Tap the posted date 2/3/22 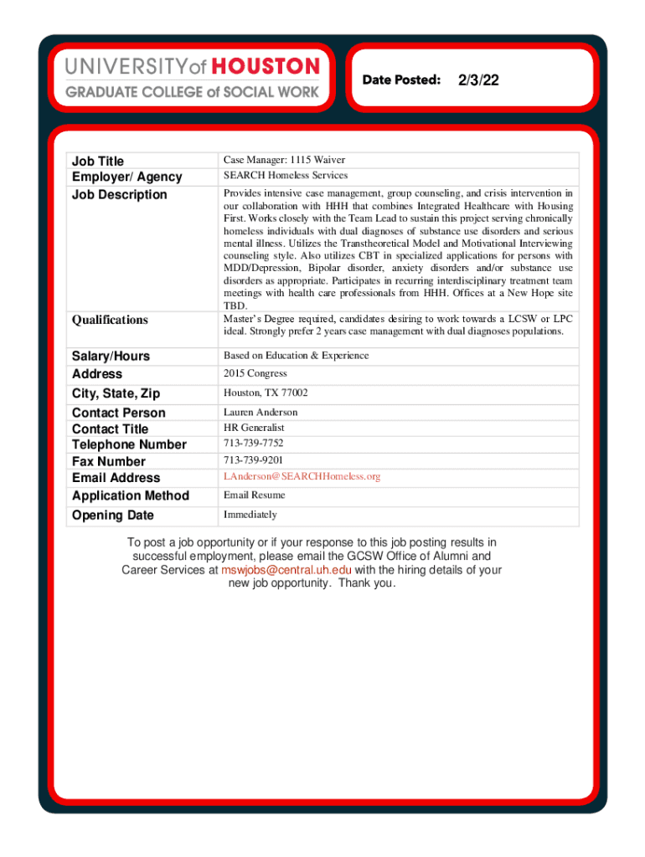(478, 80)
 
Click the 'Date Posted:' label (401, 80)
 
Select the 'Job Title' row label (98, 161)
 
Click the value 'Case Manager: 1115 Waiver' (284, 160)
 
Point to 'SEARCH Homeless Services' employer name (285, 176)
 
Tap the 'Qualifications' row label (110, 320)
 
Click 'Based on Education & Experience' (296, 356)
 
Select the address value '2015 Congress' (255, 373)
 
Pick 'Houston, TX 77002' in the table (266, 393)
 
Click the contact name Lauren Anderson (261, 412)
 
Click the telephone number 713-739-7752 (253, 444)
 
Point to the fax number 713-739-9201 (253, 460)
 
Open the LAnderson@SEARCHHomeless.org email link (302, 476)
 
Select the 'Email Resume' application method (254, 495)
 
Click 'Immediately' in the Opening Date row (250, 515)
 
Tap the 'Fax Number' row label (109, 461)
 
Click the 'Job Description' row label (120, 194)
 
